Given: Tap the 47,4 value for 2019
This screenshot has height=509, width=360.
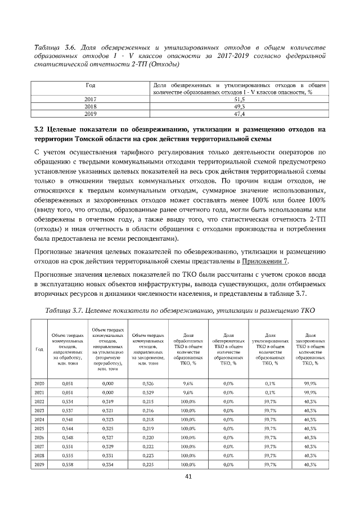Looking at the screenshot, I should [x=238, y=112].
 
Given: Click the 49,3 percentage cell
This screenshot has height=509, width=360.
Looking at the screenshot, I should [x=238, y=105].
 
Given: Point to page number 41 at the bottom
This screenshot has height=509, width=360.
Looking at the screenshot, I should [x=181, y=477].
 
